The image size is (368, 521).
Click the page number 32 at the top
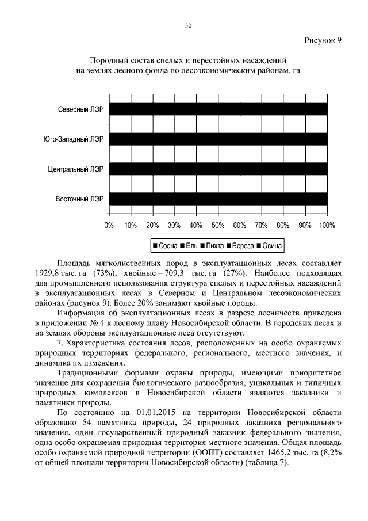[x=187, y=25]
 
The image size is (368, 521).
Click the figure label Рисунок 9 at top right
[x=322, y=40]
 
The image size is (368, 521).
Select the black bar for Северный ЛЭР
[x=218, y=109]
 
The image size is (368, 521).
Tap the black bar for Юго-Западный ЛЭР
[x=218, y=139]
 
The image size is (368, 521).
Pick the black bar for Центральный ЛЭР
[x=218, y=169]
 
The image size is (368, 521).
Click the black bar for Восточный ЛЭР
[x=218, y=199]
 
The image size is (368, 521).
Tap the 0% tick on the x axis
[x=109, y=225]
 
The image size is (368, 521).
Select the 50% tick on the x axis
[x=218, y=225]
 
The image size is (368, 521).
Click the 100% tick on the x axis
[x=327, y=225]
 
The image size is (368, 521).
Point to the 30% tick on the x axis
[x=174, y=225]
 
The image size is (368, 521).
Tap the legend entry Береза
[x=241, y=246]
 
